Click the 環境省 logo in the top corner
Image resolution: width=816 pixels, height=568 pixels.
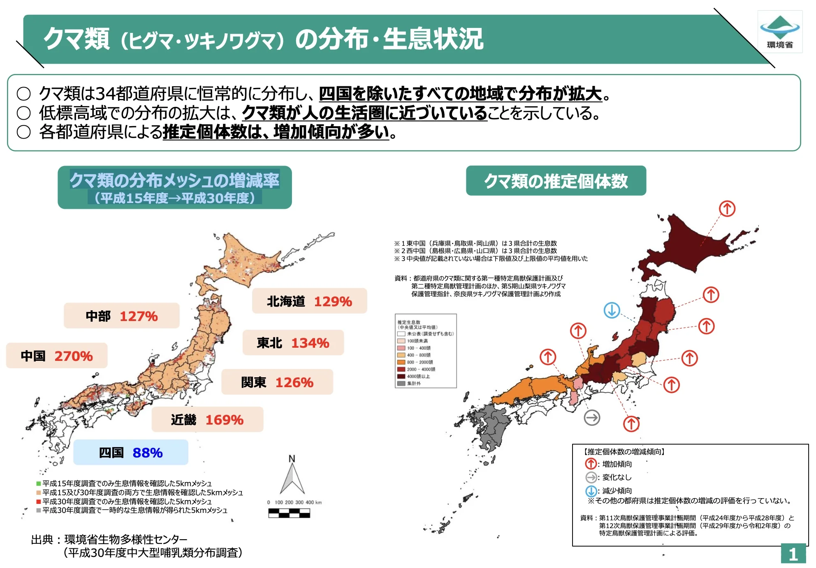pos(779,32)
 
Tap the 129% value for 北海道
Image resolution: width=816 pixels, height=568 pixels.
pos(333,301)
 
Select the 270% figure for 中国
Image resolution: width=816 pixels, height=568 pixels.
pos(74,356)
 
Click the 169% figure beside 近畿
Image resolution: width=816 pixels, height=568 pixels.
pos(224,420)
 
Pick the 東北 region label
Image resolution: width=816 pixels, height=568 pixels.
pos(269,343)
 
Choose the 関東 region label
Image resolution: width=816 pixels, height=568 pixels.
pos(254,382)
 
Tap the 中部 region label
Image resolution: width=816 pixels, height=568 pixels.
pos(98,316)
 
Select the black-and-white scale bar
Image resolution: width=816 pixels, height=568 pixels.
pos(289,513)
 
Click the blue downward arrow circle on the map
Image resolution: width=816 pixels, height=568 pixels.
pos(612,310)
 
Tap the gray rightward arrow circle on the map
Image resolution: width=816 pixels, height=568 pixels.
pos(592,418)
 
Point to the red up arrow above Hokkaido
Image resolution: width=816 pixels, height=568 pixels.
pos(727,209)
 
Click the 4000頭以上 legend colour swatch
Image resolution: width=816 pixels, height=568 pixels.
pos(401,376)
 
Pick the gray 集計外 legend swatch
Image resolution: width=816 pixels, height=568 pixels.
pos(401,383)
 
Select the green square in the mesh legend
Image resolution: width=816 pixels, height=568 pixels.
pos(39,484)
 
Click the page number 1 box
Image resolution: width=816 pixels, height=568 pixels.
pos(793,554)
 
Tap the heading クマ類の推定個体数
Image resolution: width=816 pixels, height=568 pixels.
pos(556,181)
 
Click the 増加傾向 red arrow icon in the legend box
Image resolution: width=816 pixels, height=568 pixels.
pos(591,464)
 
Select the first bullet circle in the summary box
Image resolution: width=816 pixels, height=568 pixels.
pos(24,94)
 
